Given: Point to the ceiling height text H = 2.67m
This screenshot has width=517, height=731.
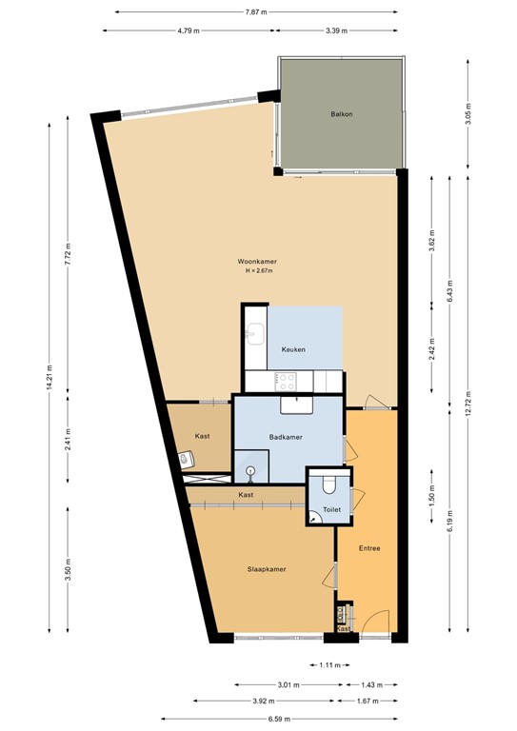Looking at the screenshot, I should tap(258, 271).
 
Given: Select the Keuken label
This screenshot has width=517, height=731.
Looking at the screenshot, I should tap(293, 350).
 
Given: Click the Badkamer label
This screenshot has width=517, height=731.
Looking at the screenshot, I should tap(286, 437).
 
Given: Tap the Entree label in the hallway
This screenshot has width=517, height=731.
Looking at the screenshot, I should tap(369, 548).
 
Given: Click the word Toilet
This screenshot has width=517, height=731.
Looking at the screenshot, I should tap(331, 510).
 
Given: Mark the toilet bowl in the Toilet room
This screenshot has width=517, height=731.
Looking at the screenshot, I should tap(329, 484).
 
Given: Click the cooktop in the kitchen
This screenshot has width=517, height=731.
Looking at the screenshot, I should tap(286, 381).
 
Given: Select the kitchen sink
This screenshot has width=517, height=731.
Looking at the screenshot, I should tap(255, 332).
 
